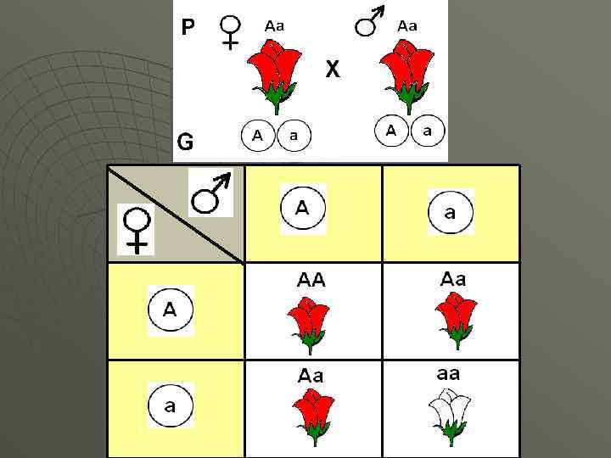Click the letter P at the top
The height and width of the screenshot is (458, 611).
click(x=188, y=28)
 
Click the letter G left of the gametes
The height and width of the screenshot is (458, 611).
click(x=184, y=141)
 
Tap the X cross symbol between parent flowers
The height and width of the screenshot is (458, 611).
click(x=333, y=70)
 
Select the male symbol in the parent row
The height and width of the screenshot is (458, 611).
click(x=370, y=22)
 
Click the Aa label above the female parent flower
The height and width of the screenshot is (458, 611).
click(x=274, y=25)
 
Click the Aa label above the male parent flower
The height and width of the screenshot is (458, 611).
click(x=407, y=25)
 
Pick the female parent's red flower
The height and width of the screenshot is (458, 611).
click(x=274, y=75)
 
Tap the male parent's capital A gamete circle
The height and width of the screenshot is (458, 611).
click(x=391, y=131)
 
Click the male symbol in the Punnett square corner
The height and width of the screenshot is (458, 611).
click(x=210, y=194)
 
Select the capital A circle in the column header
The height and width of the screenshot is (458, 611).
click(x=302, y=209)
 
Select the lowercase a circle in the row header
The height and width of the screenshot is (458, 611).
click(x=170, y=405)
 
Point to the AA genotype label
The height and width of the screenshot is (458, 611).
click(x=311, y=279)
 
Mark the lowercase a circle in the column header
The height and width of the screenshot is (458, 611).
click(x=450, y=212)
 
